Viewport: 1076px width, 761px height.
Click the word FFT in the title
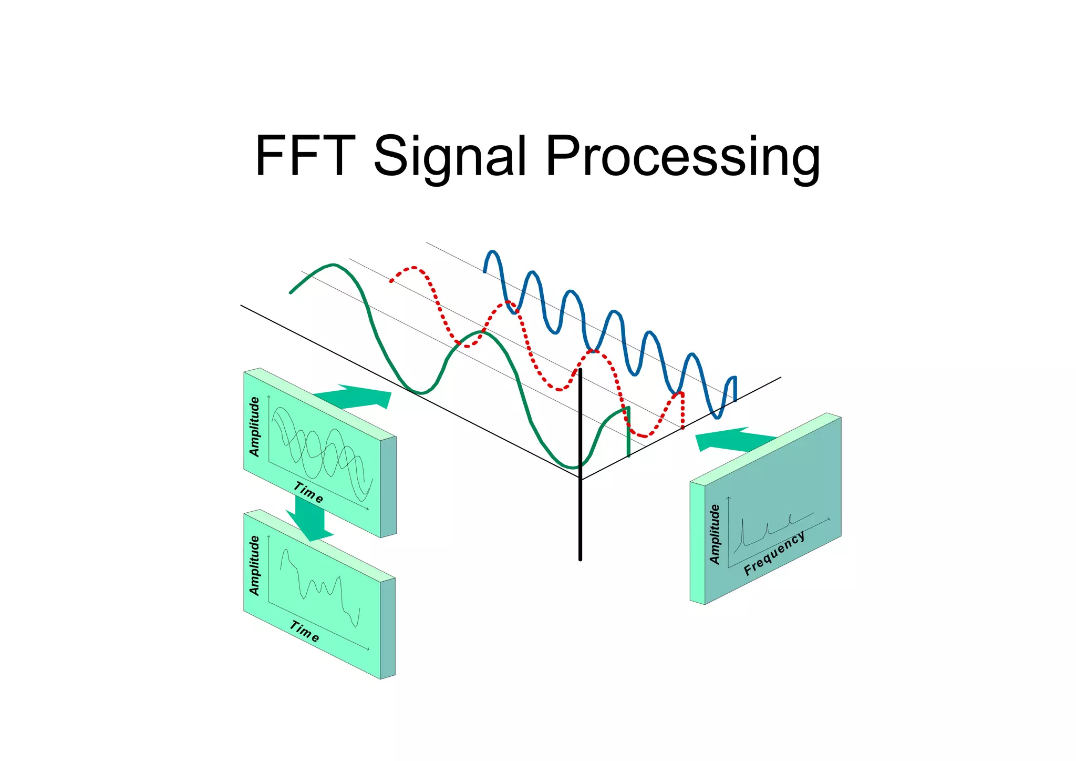pyautogui.click(x=305, y=156)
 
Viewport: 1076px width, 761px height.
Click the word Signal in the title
pyautogui.click(x=449, y=156)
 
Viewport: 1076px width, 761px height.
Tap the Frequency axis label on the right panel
pyautogui.click(x=773, y=554)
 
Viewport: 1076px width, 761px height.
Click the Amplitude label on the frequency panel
pyautogui.click(x=715, y=534)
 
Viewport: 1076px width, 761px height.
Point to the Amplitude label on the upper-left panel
pyautogui.click(x=254, y=427)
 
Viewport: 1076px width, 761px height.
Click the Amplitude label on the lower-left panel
pyautogui.click(x=254, y=565)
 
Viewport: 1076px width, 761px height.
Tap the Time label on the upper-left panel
pyautogui.click(x=308, y=493)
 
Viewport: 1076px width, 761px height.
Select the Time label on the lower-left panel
pyautogui.click(x=304, y=631)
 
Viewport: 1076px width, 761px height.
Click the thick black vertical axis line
pyautogui.click(x=581, y=515)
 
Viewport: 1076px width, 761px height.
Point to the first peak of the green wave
pyautogui.click(x=333, y=265)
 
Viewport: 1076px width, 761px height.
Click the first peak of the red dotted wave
pyautogui.click(x=414, y=268)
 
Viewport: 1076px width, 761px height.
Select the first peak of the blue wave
pyautogui.click(x=492, y=252)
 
